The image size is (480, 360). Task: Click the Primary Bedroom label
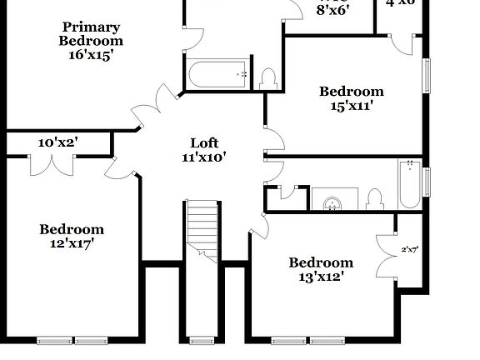tap(91, 34)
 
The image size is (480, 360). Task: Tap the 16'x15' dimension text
tap(91, 55)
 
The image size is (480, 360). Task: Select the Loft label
tap(204, 143)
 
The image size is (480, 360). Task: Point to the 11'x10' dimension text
tap(204, 157)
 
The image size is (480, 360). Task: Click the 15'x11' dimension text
tap(352, 105)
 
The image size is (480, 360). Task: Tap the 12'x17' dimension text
tap(72, 243)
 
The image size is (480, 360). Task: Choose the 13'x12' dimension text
tap(321, 277)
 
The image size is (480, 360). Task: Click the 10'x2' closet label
tap(57, 142)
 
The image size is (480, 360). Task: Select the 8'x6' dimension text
tap(332, 10)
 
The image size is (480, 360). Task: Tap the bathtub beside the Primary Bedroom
tap(218, 74)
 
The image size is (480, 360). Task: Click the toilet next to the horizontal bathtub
tap(268, 78)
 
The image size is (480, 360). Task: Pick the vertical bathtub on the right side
tap(409, 184)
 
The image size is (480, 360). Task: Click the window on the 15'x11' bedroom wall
tap(427, 76)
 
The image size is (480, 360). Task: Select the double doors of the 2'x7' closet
tap(387, 254)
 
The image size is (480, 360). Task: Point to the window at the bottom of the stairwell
tap(201, 341)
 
